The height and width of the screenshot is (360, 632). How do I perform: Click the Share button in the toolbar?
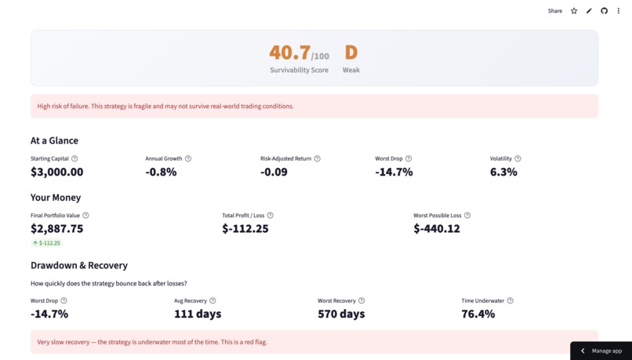tap(554, 11)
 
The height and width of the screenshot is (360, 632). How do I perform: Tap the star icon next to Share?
tap(574, 11)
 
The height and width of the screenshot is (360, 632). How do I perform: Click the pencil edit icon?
tap(589, 11)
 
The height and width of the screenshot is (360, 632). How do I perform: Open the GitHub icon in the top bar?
tap(604, 11)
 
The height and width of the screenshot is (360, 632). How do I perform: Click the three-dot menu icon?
tap(619, 11)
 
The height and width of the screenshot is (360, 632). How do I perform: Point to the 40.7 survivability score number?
tap(290, 53)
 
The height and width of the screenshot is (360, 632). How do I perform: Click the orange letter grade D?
tap(351, 53)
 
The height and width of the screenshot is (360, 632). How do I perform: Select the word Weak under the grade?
tap(351, 70)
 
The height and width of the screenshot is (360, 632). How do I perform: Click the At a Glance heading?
tap(54, 140)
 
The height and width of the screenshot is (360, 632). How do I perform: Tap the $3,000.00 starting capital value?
tap(56, 172)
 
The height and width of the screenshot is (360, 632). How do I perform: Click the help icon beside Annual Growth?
tap(188, 158)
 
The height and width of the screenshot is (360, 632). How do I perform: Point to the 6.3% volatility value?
tap(503, 172)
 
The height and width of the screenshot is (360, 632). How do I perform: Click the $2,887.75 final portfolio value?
tap(56, 228)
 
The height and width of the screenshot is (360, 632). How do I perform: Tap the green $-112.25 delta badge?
tap(46, 243)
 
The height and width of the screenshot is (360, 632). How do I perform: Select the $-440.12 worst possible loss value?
tap(437, 228)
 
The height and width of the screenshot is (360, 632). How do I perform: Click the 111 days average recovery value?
tap(198, 314)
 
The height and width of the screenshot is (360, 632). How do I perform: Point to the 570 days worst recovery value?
tap(341, 314)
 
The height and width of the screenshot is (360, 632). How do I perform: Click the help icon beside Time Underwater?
tap(510, 300)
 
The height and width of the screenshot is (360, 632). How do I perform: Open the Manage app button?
tap(601, 351)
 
